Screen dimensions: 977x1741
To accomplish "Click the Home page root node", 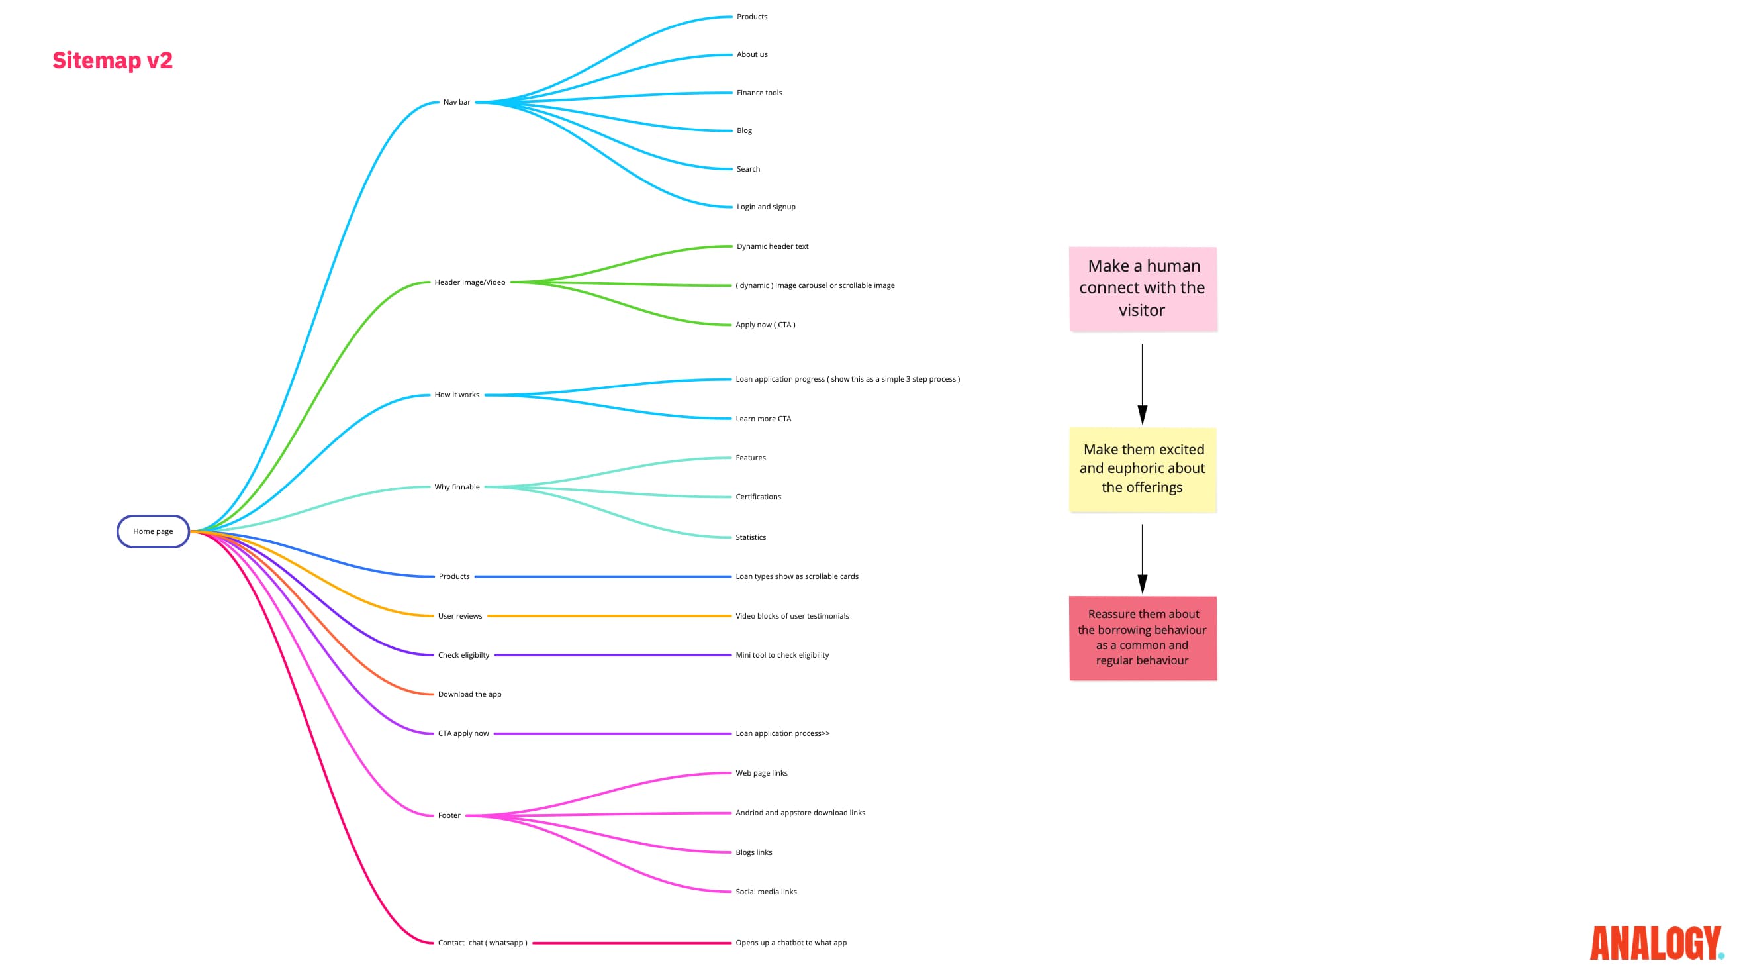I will click(153, 531).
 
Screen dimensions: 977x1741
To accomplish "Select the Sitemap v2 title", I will click(112, 60).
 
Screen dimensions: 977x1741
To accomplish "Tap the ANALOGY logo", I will click(1655, 943).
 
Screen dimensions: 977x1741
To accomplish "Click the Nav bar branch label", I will click(456, 102).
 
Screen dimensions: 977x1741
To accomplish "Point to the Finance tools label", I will click(759, 93).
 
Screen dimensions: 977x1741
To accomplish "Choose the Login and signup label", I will click(766, 207).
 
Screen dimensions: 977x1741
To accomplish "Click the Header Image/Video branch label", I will click(470, 282).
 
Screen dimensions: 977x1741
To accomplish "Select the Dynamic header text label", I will click(772, 246).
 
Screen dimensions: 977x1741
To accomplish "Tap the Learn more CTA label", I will click(763, 419).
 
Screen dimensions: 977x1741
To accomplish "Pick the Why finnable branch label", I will click(457, 487).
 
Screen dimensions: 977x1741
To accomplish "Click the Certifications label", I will click(757, 497).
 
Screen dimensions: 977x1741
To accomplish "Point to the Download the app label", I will click(470, 694).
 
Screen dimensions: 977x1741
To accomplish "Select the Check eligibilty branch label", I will click(463, 655).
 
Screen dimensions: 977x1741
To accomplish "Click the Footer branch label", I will click(449, 815).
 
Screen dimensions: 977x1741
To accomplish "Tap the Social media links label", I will click(766, 892).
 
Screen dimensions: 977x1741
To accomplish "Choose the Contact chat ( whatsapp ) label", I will click(483, 943).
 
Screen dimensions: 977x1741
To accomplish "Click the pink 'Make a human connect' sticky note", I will click(1142, 289).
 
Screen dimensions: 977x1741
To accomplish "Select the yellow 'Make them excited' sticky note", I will click(1142, 468).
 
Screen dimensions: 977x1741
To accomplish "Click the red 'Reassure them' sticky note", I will click(1142, 638).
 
